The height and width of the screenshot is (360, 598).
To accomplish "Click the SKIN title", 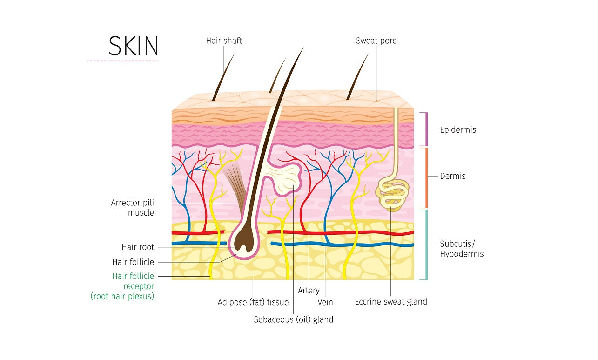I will [134, 46].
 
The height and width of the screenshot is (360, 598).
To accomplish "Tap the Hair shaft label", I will [224, 41].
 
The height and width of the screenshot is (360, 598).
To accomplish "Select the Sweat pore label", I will [376, 41].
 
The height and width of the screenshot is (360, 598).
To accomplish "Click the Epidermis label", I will [458, 130].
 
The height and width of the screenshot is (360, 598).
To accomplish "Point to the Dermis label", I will [453, 177].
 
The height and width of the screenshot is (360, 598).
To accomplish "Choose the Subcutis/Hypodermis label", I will [462, 249].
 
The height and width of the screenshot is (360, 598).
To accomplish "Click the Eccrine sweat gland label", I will [390, 302].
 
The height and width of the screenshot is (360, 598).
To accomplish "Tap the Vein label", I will [325, 302].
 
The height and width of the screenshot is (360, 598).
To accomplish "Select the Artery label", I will [309, 291].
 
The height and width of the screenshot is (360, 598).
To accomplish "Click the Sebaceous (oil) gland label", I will [293, 319].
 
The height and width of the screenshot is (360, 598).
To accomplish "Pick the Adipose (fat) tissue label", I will [253, 302].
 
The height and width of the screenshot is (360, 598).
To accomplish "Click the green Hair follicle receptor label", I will [133, 286].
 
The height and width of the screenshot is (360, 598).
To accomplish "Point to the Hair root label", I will [138, 247].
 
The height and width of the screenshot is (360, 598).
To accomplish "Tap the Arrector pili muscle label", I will [132, 208].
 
